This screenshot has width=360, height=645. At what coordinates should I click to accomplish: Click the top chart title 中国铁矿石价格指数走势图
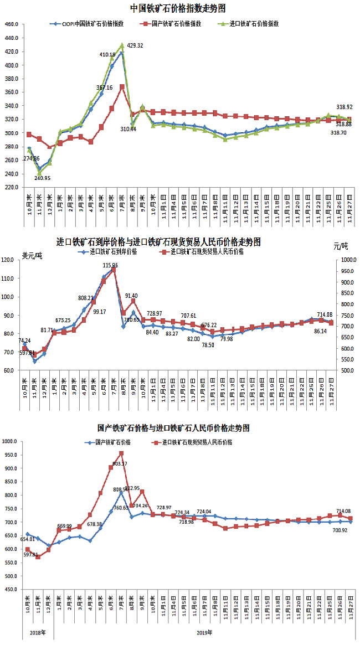pyautogui.click(x=178, y=8)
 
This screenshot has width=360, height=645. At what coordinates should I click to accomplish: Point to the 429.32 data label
pyautogui.click(x=135, y=46)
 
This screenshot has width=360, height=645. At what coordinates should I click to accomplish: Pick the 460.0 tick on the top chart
pyautogui.click(x=11, y=25)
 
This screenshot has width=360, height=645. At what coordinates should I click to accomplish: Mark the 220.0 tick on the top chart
pyautogui.click(x=11, y=187)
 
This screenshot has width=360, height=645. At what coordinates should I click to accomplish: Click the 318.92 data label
pyautogui.click(x=344, y=107)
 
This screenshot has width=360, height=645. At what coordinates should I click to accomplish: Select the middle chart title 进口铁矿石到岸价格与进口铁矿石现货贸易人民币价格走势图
pyautogui.click(x=158, y=242)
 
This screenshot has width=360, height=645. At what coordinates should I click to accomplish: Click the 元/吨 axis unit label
pyautogui.click(x=341, y=245)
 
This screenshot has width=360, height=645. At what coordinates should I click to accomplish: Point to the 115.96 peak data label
pyautogui.click(x=114, y=266)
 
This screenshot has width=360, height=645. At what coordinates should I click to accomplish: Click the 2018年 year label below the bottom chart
pyautogui.click(x=37, y=632)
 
